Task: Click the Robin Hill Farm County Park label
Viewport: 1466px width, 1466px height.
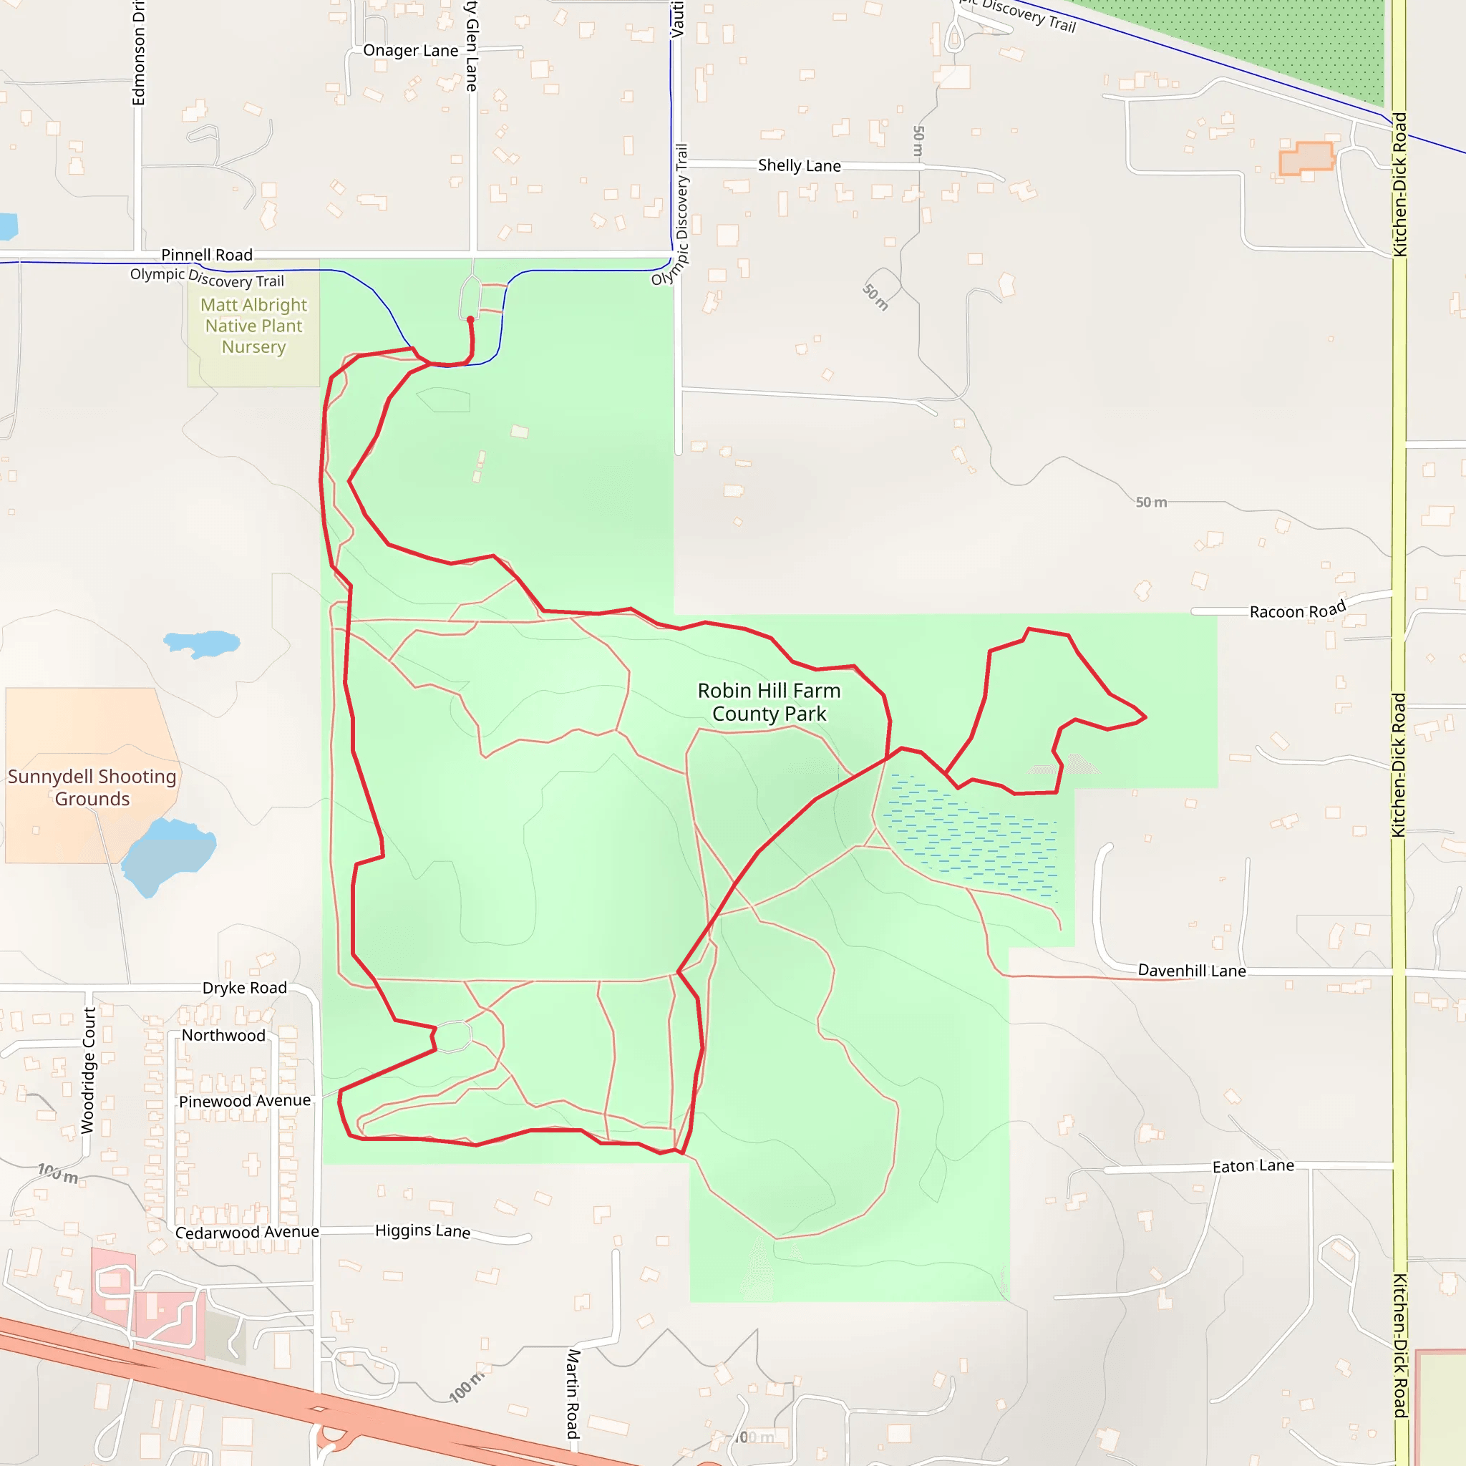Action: click(769, 702)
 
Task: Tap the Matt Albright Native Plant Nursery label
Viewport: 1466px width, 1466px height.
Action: click(253, 326)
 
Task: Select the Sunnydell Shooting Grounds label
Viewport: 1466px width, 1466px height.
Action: click(92, 787)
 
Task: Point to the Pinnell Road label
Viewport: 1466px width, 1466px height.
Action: click(206, 255)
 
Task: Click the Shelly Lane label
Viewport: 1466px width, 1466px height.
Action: click(799, 165)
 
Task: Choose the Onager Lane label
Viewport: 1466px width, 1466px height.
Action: click(410, 51)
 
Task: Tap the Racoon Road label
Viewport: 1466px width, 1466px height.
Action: click(1298, 610)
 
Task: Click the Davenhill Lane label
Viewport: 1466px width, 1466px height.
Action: click(1191, 971)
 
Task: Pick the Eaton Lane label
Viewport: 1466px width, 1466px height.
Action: click(1253, 1166)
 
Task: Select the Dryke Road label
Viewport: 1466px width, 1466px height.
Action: click(244, 988)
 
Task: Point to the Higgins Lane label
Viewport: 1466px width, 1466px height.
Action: click(422, 1230)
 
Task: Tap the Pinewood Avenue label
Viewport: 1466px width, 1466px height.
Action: click(244, 1101)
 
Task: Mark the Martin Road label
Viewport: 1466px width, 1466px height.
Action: click(573, 1393)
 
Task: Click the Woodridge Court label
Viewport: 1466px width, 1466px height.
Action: click(89, 1071)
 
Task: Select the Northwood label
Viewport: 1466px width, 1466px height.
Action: click(223, 1036)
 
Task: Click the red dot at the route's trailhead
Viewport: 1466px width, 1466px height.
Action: click(470, 320)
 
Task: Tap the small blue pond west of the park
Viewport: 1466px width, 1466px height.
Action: click(201, 644)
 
